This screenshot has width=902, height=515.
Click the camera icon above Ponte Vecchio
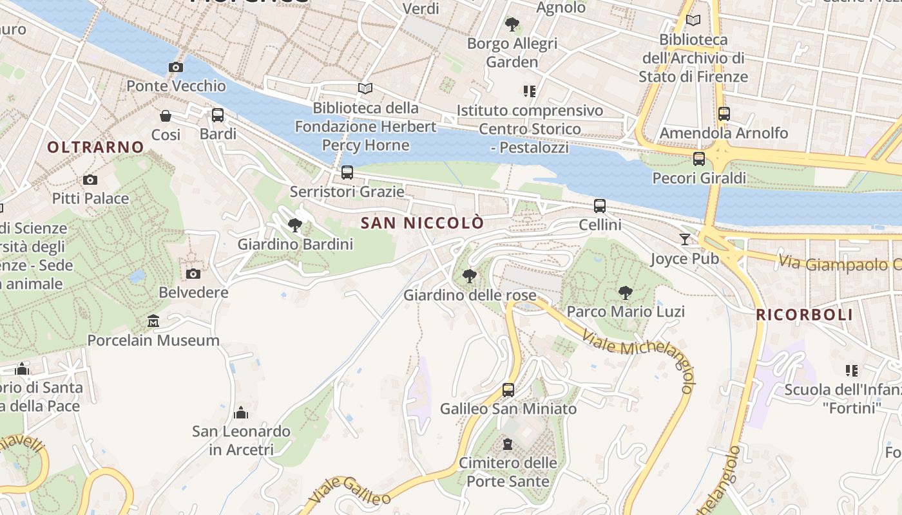[x=175, y=67]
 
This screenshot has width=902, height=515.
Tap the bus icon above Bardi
[x=218, y=115]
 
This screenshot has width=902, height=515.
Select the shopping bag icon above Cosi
[x=166, y=116]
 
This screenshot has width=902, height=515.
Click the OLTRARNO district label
[x=95, y=147]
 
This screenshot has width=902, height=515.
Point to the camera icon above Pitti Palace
[x=90, y=180]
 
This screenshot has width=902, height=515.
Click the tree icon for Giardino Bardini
[x=295, y=225]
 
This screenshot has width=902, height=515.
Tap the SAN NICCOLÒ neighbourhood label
[x=422, y=223]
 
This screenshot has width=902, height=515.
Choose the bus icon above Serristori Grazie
[x=347, y=173]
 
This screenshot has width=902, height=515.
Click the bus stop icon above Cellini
[x=600, y=206]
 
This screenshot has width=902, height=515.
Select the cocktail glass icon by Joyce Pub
[x=684, y=239]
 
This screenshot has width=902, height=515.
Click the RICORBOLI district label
[x=804, y=315]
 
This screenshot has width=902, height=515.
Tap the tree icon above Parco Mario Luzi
[x=625, y=293]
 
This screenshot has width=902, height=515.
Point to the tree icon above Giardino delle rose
[x=470, y=276]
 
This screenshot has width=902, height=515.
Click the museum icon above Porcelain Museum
[x=153, y=321]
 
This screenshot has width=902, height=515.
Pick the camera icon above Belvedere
[x=193, y=274]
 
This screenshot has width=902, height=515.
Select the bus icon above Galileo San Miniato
[x=508, y=389]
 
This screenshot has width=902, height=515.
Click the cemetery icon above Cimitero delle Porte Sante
[x=508, y=444]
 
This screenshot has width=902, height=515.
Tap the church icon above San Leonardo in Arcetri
[x=241, y=412]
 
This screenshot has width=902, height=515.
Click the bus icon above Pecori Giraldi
[x=699, y=158]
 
